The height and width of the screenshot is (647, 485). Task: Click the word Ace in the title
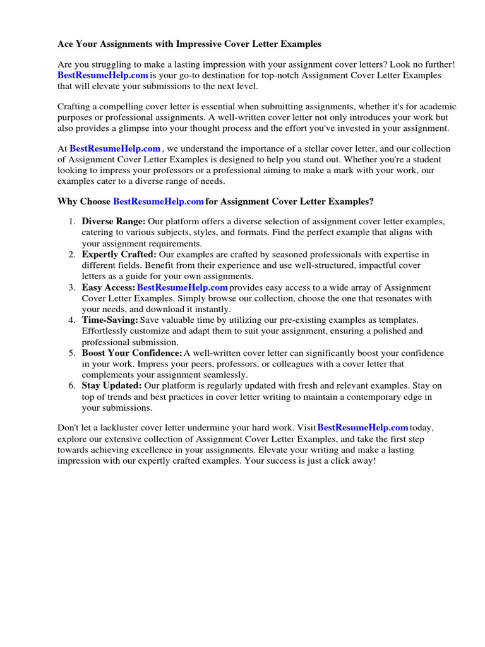[x=66, y=44]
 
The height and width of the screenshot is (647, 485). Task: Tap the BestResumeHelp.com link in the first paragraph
[x=102, y=75]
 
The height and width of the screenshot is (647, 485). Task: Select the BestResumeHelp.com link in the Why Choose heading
[x=159, y=202]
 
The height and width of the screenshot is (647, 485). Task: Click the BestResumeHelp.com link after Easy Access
[x=182, y=287]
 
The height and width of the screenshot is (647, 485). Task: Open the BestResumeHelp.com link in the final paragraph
[x=362, y=428]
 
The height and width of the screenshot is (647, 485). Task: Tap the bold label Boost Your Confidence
[x=132, y=353]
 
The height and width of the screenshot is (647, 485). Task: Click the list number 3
[x=72, y=287]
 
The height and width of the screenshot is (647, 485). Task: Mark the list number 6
[x=72, y=385]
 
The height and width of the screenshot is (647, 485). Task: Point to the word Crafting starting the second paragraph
[x=75, y=106]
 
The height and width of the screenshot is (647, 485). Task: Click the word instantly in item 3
[x=211, y=309]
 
